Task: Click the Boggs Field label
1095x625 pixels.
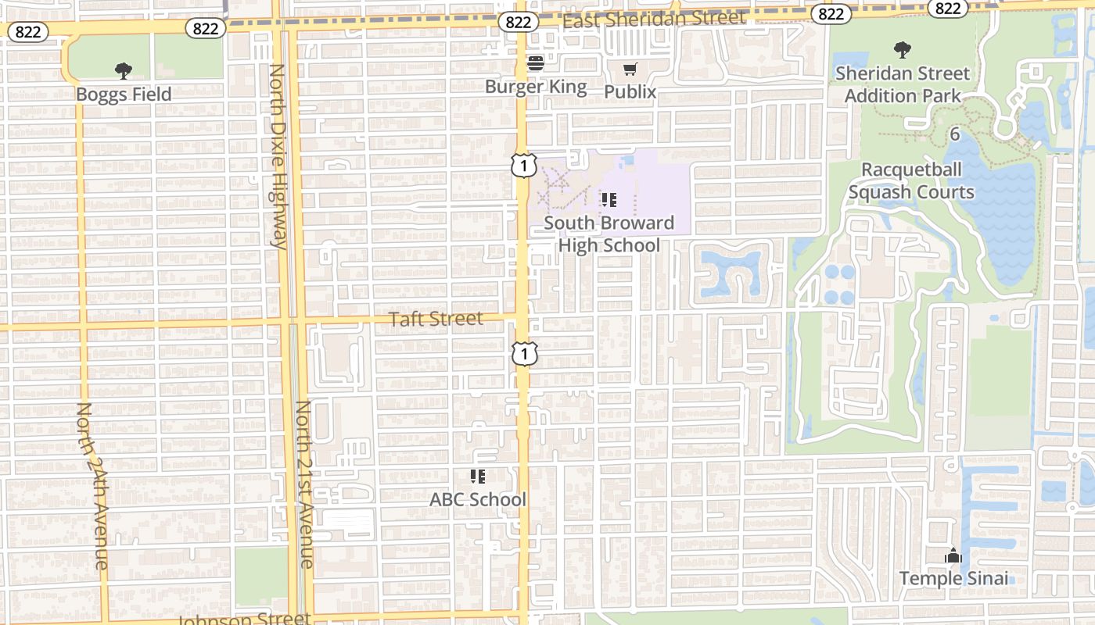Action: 124,95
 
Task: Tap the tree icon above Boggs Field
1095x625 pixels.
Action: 124,71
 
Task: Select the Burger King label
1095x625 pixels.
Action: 536,86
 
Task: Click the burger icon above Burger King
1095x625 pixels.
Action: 536,63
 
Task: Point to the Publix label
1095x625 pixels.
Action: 630,91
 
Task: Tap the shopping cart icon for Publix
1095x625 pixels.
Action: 630,70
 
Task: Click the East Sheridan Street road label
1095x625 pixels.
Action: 654,18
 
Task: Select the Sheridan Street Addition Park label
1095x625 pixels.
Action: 903,84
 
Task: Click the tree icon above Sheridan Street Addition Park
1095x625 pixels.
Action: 903,50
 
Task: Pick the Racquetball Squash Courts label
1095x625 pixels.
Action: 911,181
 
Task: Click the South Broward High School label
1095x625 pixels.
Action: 609,234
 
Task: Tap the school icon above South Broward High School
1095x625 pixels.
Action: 609,200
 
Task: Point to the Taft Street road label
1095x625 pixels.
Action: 436,319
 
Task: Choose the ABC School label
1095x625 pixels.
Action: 478,499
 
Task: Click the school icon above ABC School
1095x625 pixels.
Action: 478,476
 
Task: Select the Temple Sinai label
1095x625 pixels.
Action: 953,579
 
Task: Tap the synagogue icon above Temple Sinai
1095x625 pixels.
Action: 953,555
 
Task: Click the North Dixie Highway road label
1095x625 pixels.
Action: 278,156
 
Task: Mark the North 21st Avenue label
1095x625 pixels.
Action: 305,484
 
